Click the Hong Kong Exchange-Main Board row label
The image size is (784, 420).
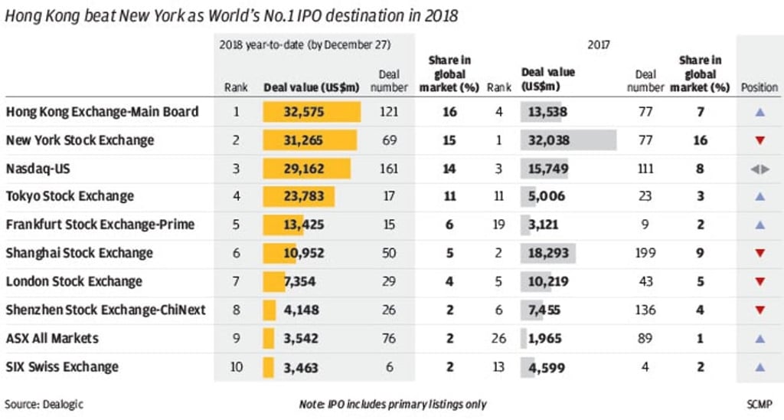tap(102, 112)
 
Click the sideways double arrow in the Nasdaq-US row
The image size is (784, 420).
tap(759, 169)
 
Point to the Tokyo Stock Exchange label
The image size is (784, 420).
tap(70, 196)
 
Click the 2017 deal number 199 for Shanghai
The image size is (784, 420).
tap(645, 253)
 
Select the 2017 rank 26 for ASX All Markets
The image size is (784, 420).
tap(498, 338)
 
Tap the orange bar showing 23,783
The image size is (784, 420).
tap(299, 196)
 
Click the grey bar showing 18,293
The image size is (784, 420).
tap(549, 253)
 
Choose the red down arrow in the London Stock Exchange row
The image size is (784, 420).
tap(759, 281)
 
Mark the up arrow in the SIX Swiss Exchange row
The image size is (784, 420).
tap(759, 366)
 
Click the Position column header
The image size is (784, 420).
tap(759, 87)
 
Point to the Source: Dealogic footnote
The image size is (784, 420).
tap(44, 404)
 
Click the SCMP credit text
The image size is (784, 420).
tap(759, 404)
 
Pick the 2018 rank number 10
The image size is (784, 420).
tap(236, 366)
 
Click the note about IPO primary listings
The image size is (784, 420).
tap(392, 404)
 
